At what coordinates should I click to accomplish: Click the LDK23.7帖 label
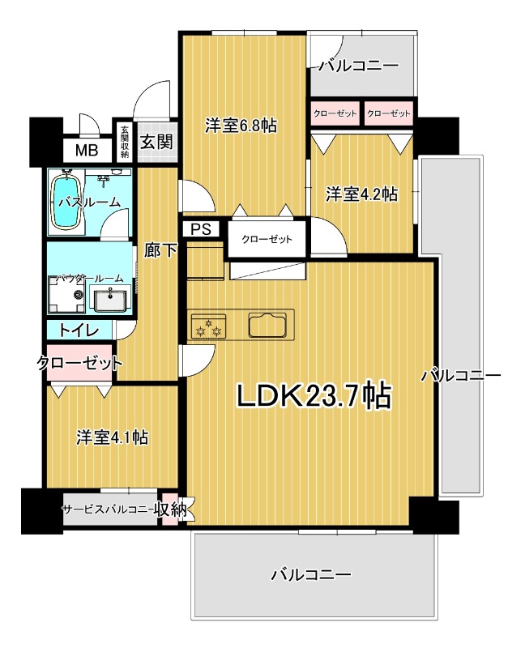314,396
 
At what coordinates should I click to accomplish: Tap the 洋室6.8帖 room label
241,126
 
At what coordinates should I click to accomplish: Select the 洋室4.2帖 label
362,194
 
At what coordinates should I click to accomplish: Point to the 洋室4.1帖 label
113,437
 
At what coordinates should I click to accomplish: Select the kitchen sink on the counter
267,326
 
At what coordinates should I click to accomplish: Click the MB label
87,150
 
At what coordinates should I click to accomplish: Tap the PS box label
201,229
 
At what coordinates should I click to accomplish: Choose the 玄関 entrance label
156,142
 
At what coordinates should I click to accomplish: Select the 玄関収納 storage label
125,142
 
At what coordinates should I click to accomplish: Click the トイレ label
79,330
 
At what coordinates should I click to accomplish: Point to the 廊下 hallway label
161,250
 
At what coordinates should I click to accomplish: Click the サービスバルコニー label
108,509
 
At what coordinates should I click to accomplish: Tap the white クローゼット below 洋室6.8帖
267,239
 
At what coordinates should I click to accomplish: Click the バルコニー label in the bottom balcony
311,574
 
